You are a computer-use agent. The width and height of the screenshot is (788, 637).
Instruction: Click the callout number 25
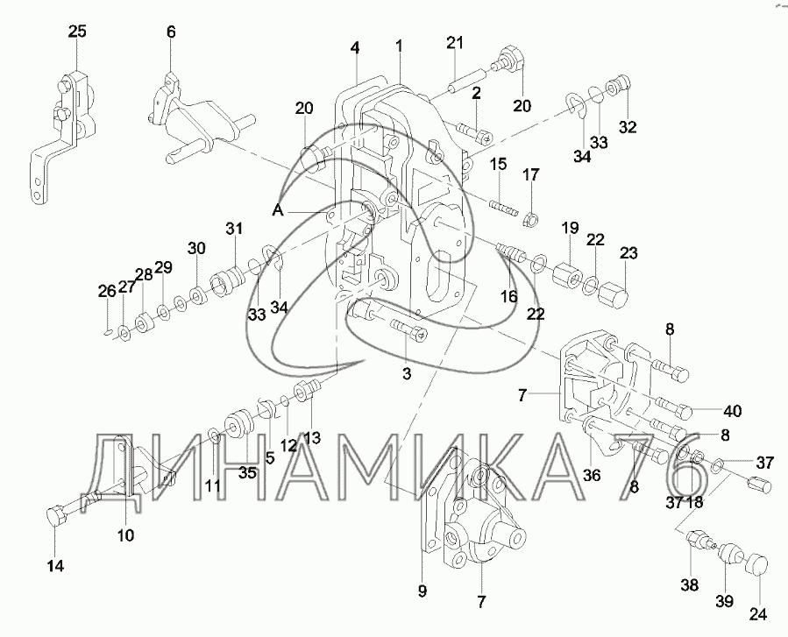[x=77, y=32]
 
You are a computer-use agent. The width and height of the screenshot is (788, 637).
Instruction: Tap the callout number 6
[x=171, y=32]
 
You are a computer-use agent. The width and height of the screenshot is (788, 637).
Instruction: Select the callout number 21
[x=454, y=43]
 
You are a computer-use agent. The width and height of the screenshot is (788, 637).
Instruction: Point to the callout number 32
[x=627, y=126]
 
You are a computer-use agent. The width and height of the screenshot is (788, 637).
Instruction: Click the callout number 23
[x=628, y=254]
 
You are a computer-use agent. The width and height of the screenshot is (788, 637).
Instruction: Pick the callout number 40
[x=733, y=412]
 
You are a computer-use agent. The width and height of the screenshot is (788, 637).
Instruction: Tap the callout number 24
[x=756, y=610]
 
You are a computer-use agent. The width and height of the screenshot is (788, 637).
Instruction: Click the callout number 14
[x=55, y=565]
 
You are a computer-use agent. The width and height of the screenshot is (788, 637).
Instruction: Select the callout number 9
[x=422, y=591]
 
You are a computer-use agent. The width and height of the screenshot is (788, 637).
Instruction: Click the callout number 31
[x=233, y=230]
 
